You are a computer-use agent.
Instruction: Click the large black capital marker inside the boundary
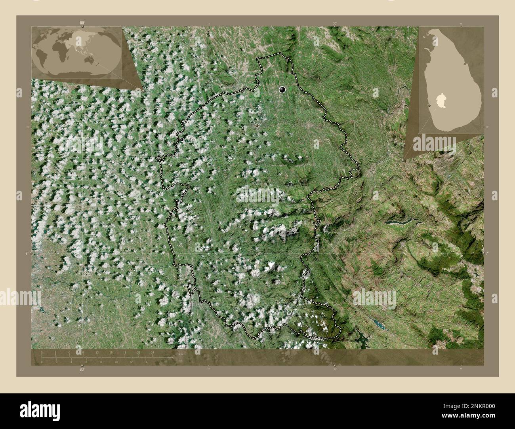tap(282, 89)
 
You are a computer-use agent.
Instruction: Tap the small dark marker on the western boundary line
tap(181, 139)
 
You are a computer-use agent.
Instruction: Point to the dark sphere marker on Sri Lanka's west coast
tap(429, 106)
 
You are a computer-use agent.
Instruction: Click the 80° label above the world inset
tap(82, 23)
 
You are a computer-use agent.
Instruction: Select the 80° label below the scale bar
tap(82, 369)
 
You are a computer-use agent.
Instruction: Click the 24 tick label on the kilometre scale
tap(153, 352)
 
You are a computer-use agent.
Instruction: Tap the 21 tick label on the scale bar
tap(139, 352)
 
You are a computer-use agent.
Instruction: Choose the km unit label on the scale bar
tap(181, 354)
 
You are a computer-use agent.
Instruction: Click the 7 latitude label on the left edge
tap(27, 253)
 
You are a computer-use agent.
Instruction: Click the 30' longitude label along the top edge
tap(335, 24)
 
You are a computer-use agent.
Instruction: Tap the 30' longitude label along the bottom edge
tap(335, 369)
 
